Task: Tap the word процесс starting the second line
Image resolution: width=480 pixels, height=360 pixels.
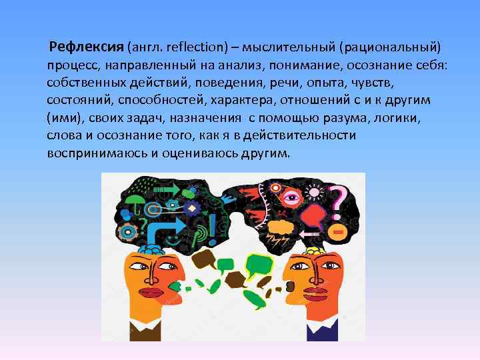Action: click(71, 67)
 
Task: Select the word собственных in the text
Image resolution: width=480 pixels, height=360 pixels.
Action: click(84, 83)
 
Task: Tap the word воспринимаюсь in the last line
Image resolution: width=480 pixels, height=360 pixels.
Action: click(96, 153)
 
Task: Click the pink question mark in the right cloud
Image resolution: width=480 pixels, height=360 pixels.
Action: click(337, 199)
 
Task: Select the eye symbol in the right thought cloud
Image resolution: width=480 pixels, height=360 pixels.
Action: click(291, 198)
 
